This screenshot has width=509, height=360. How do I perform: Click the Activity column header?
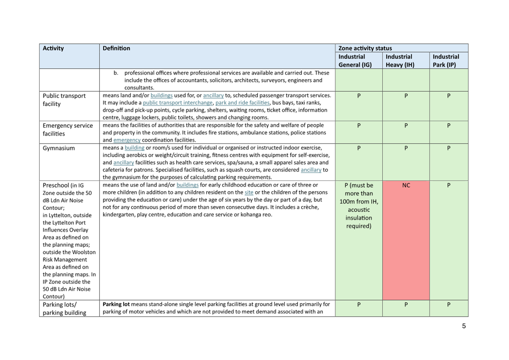53,48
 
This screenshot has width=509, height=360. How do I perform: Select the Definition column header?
116,48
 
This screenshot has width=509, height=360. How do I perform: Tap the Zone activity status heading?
365,48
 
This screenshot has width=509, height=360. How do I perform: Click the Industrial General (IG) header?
355,61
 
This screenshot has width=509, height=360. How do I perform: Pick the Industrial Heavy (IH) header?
400,61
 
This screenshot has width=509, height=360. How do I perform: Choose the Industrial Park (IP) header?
446,61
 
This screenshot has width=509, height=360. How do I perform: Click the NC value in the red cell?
406,185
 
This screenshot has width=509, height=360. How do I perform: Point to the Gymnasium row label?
58,148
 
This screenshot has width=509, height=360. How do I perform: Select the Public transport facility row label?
64,100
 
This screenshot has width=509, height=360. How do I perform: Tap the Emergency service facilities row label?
68,130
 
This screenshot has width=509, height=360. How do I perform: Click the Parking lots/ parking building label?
64,308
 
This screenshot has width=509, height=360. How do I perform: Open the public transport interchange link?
177,103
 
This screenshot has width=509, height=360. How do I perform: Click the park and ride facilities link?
242,103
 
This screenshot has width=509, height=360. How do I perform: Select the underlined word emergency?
127,140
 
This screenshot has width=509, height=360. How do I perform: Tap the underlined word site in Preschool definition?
249,193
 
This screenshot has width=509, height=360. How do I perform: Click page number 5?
464,326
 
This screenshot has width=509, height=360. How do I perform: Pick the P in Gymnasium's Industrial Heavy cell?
406,148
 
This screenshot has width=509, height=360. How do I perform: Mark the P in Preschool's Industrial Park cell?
449,185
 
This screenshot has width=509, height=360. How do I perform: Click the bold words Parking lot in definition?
116,304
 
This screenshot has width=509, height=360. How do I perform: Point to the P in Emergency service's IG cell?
359,126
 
